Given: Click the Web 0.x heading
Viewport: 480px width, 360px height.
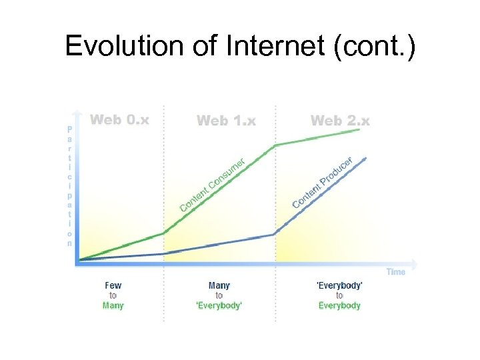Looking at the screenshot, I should click(120, 120).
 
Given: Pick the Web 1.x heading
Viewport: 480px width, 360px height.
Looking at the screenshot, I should click(226, 121).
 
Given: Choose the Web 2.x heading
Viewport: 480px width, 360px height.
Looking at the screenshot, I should click(340, 121).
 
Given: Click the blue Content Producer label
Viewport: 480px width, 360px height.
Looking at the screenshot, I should click(323, 182).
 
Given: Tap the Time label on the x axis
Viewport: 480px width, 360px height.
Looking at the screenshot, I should click(395, 272).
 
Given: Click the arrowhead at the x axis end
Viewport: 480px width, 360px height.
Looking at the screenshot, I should click(415, 263).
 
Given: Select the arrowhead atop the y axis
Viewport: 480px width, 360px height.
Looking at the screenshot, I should click(78, 113).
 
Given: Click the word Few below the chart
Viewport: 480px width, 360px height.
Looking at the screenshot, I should click(113, 285).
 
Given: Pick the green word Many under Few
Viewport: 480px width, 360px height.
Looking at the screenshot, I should click(113, 305).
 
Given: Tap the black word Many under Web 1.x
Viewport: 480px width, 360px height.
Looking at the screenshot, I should click(219, 285).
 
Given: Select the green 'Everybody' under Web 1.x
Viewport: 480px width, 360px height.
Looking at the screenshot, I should click(219, 305).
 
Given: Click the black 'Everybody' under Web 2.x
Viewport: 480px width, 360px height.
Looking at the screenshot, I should click(339, 285).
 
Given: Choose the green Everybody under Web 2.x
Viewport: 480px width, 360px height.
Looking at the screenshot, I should click(339, 305).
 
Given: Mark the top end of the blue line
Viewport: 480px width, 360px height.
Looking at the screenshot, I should click(366, 158).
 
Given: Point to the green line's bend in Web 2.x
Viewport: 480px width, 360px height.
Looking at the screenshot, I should click(275, 145).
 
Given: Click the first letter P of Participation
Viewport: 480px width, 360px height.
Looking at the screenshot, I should click(69, 129).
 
